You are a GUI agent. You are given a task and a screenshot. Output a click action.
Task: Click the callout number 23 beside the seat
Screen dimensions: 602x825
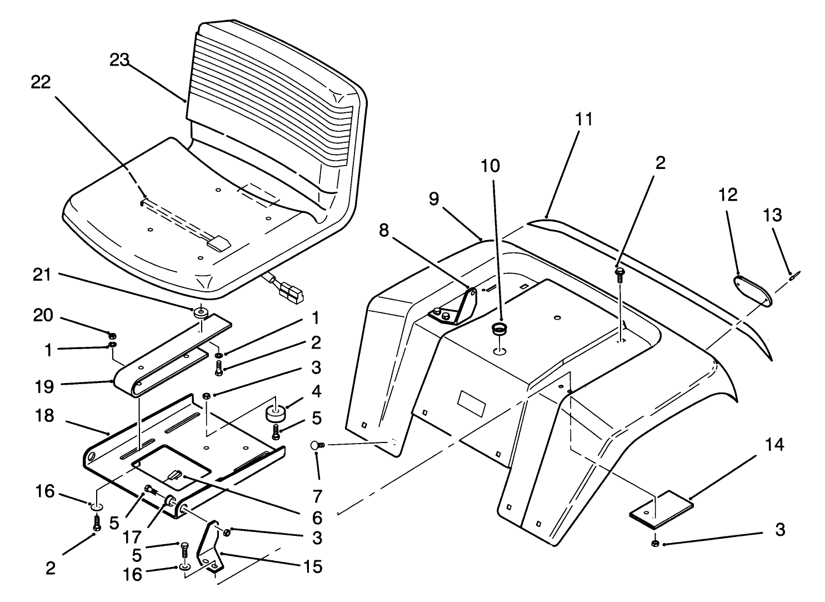(x=119, y=60)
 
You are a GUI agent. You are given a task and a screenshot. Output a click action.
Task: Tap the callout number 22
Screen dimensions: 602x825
(x=41, y=82)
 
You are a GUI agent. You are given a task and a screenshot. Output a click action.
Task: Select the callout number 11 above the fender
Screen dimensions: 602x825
(x=584, y=119)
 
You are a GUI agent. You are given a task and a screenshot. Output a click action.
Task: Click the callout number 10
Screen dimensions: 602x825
(x=491, y=166)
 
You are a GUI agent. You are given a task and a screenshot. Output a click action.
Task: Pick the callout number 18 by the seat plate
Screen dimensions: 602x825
(x=44, y=416)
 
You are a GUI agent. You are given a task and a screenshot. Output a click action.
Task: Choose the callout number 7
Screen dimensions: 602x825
(x=317, y=495)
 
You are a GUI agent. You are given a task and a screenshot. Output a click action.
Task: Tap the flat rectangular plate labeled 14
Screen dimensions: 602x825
(x=662, y=509)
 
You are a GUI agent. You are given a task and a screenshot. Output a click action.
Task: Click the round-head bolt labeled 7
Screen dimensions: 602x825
(x=318, y=444)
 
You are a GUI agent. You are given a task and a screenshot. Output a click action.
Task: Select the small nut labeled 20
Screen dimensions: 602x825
(x=112, y=335)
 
